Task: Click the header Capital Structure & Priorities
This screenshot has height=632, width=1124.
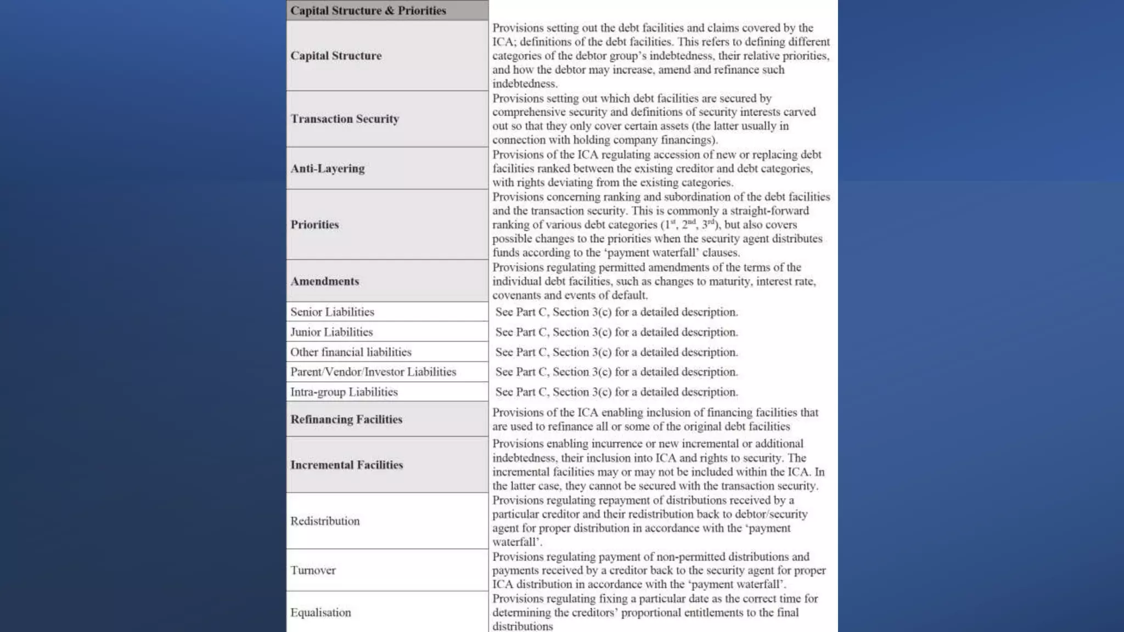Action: pos(368,10)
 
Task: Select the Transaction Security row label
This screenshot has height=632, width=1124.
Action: pos(345,119)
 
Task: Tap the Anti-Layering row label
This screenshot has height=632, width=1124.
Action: pos(328,168)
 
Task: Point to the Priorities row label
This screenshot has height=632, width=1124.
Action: pos(314,224)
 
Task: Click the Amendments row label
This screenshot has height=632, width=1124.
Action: pos(325,281)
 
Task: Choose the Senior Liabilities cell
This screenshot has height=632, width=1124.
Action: pos(332,312)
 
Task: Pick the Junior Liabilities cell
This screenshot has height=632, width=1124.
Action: pos(331,332)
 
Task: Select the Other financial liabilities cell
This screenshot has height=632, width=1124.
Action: pos(351,352)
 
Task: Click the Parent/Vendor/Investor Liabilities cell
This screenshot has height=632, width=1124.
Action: pos(373,372)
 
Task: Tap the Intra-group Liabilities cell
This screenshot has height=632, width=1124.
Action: pos(344,392)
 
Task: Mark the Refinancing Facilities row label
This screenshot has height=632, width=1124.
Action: pos(346,420)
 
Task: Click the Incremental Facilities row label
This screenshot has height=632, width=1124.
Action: pos(347,465)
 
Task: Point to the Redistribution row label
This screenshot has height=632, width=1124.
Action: pos(325,521)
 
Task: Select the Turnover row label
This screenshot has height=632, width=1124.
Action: pos(313,571)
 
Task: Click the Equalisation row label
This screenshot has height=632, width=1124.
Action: pos(321,613)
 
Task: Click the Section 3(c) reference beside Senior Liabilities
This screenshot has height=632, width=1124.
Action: pos(582,312)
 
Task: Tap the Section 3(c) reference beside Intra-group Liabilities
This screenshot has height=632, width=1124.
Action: pos(582,392)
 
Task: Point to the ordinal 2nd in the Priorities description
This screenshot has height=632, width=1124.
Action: pos(689,224)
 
